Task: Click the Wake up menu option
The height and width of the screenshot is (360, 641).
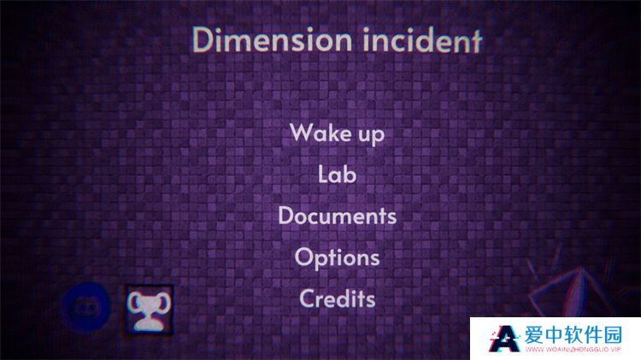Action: click(338, 133)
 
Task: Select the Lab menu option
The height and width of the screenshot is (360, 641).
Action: click(338, 174)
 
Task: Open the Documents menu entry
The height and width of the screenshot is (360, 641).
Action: click(338, 215)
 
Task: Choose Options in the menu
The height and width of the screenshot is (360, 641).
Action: click(338, 257)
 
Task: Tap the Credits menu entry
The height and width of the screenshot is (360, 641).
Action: click(338, 298)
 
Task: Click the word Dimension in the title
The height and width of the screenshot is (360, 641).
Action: click(272, 39)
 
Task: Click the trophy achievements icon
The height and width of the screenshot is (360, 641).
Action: click(150, 310)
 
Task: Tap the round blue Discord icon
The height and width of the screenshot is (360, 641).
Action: click(86, 307)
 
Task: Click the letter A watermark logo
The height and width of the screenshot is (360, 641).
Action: click(505, 339)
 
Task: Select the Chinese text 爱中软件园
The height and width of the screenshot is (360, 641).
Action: click(573, 335)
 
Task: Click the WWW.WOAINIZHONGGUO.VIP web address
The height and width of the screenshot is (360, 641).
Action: click(573, 350)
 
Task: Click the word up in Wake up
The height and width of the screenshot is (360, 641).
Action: click(372, 135)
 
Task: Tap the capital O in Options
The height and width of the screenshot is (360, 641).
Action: click(304, 257)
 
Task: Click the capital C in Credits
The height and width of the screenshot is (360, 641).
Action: click(308, 298)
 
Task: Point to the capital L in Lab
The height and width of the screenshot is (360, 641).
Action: click(324, 174)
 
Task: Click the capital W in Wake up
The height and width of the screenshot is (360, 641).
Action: click(303, 133)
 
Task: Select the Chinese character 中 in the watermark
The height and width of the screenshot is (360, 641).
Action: click(554, 335)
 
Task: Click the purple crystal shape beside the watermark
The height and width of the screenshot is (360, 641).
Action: click(573, 292)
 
